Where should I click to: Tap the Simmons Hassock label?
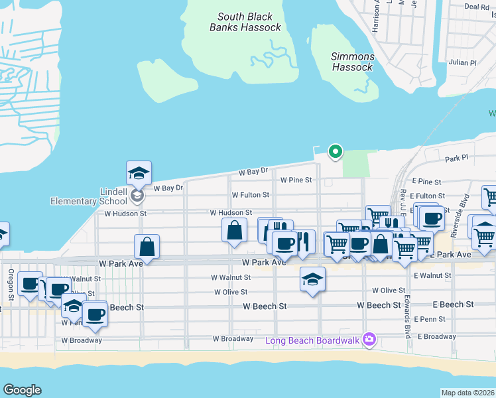pyautogui.click(x=352, y=62)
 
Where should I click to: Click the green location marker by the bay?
pyautogui.click(x=336, y=152)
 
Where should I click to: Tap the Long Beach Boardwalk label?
pyautogui.click(x=312, y=340)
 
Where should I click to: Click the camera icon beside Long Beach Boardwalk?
pyautogui.click(x=369, y=340)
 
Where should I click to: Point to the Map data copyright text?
pyautogui.click(x=467, y=393)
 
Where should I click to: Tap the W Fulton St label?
pyautogui.click(x=250, y=195)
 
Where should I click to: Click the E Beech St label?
pyautogui.click(x=453, y=304)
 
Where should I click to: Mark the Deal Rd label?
pyautogui.click(x=477, y=7)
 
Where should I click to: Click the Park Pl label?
pyautogui.click(x=457, y=159)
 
